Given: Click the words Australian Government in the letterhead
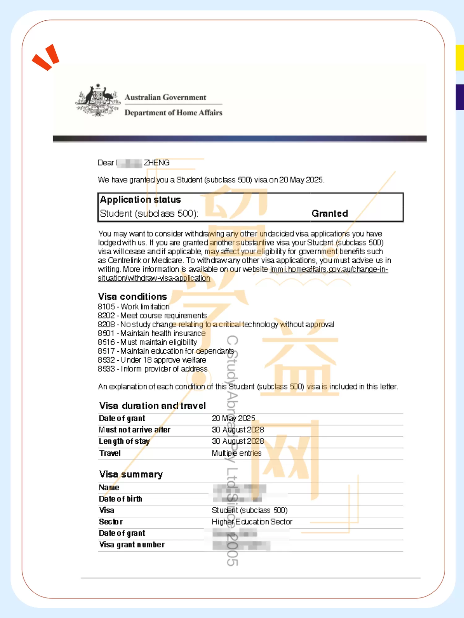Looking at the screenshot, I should coord(165,97).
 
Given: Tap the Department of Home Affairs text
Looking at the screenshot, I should coord(173,113).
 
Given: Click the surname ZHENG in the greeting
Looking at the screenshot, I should coord(157,163).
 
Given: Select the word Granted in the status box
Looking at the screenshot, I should coord(329,214).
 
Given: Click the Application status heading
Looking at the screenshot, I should coord(140,200).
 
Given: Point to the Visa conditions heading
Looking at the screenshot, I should coord(132,297).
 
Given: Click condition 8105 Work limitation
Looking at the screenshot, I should coord(134,307).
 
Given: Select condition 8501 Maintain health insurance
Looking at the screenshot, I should coord(152,333).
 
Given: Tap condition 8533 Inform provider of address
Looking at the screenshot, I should coord(153,369).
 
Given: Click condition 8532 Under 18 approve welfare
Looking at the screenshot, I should coord(152,360).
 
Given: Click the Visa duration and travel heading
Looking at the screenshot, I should coord(153,406).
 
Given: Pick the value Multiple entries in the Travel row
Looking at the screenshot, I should coord(236,453).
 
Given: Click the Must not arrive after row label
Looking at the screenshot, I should coord(135,430).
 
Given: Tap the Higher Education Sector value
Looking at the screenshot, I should coord(252,522).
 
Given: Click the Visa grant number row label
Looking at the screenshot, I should coord(132,545).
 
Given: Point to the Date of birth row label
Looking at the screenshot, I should coord(120,499).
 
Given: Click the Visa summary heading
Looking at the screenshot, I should coord(131,474).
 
